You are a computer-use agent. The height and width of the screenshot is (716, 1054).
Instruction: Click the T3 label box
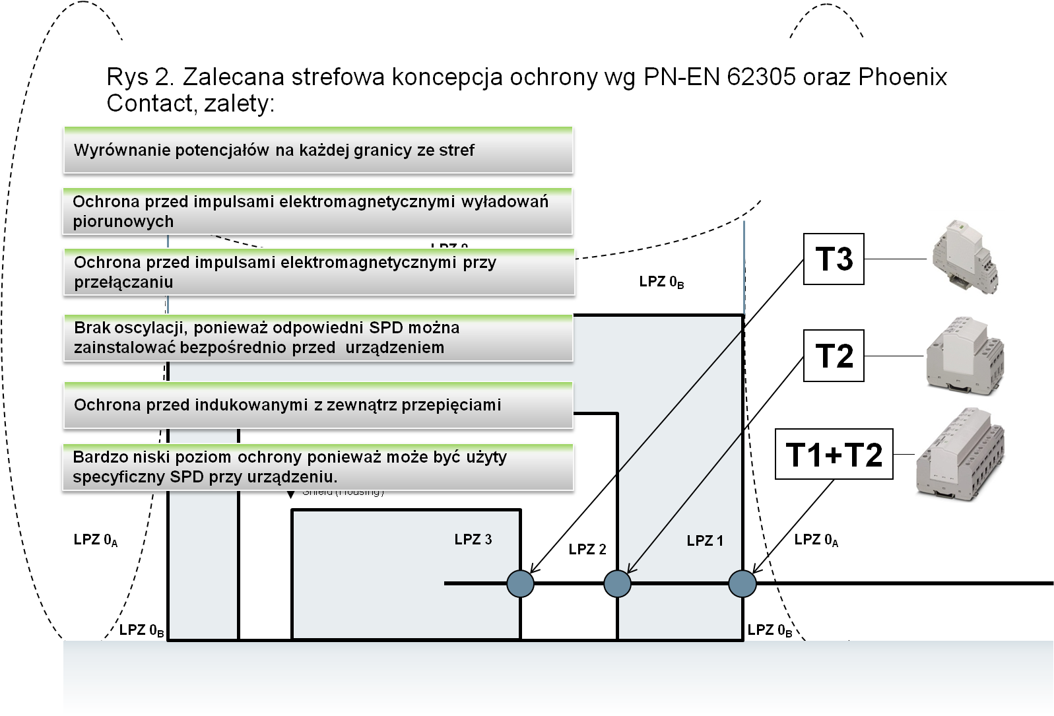tap(834, 259)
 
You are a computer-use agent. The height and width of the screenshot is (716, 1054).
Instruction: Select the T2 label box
tap(834, 356)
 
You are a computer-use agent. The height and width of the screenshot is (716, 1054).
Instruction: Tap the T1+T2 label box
tap(834, 455)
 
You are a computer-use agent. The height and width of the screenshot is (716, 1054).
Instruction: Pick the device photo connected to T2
tap(965, 356)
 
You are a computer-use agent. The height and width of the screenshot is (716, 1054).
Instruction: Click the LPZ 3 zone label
tap(473, 540)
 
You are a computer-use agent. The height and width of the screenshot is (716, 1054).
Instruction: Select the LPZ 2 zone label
tap(587, 550)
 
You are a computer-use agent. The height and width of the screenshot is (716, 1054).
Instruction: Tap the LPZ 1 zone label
tap(705, 541)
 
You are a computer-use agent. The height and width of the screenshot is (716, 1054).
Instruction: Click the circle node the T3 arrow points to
tap(520, 583)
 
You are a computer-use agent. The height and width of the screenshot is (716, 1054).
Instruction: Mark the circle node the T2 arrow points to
tap(618, 583)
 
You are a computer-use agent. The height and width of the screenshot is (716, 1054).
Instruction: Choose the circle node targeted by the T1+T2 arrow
tap(742, 583)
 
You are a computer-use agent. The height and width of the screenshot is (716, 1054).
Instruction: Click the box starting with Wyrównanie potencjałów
tap(317, 150)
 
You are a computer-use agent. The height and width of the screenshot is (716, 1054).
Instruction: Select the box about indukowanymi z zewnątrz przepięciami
tap(317, 405)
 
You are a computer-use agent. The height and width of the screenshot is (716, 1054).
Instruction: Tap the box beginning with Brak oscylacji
tap(317, 337)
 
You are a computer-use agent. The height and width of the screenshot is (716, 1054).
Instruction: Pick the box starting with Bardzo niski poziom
tap(317, 467)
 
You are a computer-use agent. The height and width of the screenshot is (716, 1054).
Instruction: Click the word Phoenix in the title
tap(903, 78)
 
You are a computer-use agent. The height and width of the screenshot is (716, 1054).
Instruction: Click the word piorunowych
tap(123, 222)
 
